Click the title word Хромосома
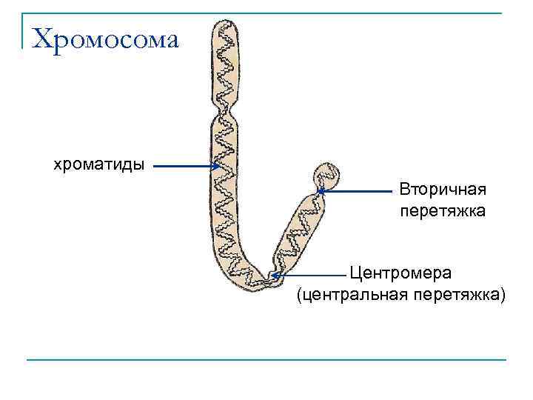pos(107,39)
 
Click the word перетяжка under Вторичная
pos(443,211)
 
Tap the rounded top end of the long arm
pos(224,27)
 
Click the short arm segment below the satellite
pos(300,230)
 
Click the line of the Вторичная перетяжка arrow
pos(359,191)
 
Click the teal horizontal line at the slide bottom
pos(266,360)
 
